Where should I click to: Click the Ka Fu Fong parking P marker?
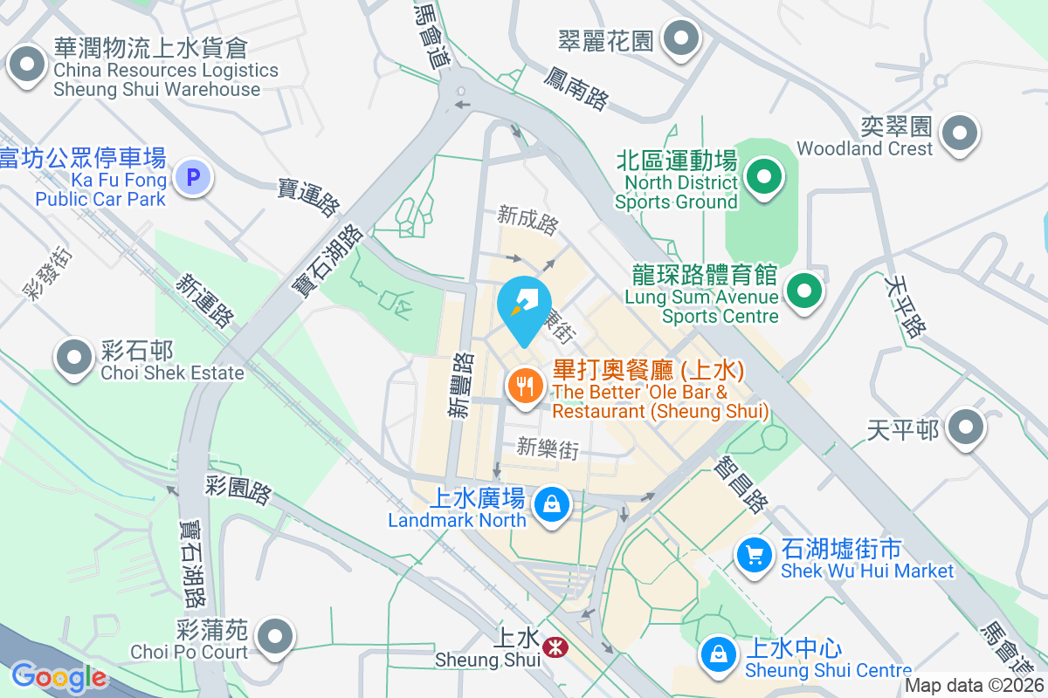pyautogui.click(x=193, y=179)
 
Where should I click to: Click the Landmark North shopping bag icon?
pyautogui.click(x=552, y=504)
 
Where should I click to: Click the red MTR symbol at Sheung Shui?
pyautogui.click(x=552, y=647)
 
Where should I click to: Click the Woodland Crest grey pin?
pyautogui.click(x=960, y=133)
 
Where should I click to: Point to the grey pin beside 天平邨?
pyautogui.click(x=966, y=428)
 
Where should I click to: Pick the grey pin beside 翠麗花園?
pyautogui.click(x=682, y=38)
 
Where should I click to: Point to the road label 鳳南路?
pyautogui.click(x=576, y=88)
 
